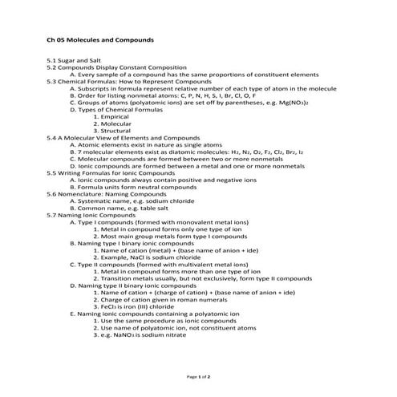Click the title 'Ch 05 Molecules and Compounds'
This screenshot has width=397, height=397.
[99, 38]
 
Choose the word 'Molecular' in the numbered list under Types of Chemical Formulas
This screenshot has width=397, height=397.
[118, 124]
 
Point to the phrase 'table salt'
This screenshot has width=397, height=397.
[158, 209]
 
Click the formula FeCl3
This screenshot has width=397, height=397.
[111, 306]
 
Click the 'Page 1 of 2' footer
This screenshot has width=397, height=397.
[198, 375]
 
